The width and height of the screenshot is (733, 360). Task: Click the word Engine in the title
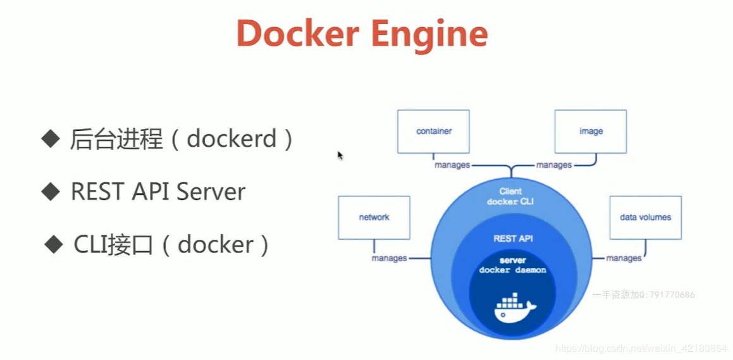tap(429, 35)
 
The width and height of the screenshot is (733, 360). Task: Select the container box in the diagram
tap(433, 132)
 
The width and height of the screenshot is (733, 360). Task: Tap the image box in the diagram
tap(590, 132)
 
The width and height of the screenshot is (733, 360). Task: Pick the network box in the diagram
tap(374, 217)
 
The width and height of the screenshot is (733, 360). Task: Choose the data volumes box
tap(645, 217)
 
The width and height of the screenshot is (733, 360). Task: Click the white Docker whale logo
tap(514, 308)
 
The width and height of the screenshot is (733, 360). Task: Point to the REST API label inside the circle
tap(513, 239)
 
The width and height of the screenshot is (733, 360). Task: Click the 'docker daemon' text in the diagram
tap(512, 270)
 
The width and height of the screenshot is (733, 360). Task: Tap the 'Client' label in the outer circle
tap(510, 191)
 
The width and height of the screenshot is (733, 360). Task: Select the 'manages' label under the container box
tap(452, 165)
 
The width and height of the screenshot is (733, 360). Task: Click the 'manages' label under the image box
tap(554, 165)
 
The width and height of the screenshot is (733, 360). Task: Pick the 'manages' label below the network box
tap(390, 258)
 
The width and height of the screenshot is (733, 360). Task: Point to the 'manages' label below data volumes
tap(624, 258)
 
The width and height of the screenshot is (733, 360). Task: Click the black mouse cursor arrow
tap(340, 155)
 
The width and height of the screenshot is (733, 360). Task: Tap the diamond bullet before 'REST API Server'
tap(49, 191)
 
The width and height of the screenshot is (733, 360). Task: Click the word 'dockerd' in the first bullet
tap(232, 139)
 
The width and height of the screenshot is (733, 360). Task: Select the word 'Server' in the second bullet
tap(211, 191)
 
